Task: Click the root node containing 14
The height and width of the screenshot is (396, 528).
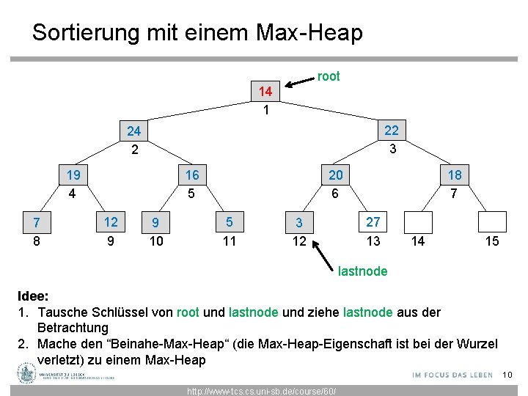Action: tap(265, 92)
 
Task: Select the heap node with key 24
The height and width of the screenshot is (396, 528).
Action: tap(133, 132)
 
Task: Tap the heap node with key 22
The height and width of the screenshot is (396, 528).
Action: tap(392, 131)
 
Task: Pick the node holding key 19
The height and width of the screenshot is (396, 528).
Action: tap(73, 175)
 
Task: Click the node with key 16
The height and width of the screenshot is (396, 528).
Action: tap(192, 175)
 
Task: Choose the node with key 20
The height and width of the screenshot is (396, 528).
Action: tap(335, 175)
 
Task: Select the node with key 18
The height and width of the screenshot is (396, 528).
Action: tap(455, 175)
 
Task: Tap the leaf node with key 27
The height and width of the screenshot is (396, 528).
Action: tap(373, 221)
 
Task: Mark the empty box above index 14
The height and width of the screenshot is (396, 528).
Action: tap(418, 221)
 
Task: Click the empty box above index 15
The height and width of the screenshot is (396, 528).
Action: tap(492, 221)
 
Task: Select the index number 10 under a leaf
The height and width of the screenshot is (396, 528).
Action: tap(156, 241)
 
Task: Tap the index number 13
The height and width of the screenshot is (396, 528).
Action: tap(373, 241)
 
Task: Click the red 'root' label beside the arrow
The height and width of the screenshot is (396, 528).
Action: tap(328, 76)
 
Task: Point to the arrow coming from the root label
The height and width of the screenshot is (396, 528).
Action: tap(301, 81)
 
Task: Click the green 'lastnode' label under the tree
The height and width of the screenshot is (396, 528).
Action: tap(362, 271)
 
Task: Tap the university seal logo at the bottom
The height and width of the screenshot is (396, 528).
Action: tap(27, 375)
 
